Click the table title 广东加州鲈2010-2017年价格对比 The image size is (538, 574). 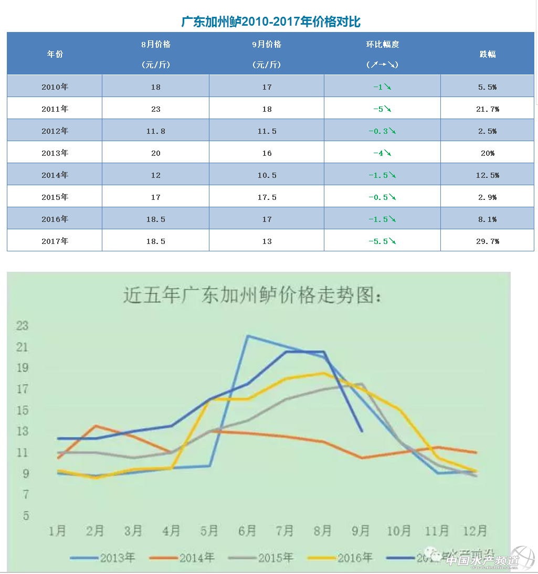pyautogui.click(x=270, y=22)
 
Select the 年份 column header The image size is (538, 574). pyautogui.click(x=55, y=54)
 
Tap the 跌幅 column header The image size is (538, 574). pyautogui.click(x=488, y=54)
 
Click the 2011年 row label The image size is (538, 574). pyautogui.click(x=55, y=109)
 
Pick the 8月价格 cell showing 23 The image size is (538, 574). pyautogui.click(x=155, y=109)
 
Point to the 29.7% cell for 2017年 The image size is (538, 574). pyautogui.click(x=488, y=241)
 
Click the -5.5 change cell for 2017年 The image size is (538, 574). pyautogui.click(x=382, y=241)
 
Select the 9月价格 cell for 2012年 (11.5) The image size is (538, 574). pyautogui.click(x=267, y=131)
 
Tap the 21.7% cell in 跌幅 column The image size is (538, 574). pyautogui.click(x=488, y=109)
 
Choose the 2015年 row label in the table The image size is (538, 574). pyautogui.click(x=55, y=197)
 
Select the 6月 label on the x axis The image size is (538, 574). pyautogui.click(x=247, y=530)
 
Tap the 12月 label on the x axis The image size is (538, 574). pyautogui.click(x=475, y=530)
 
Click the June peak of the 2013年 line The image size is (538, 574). pyautogui.click(x=247, y=336)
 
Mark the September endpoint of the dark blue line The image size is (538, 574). pyautogui.click(x=362, y=431)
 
